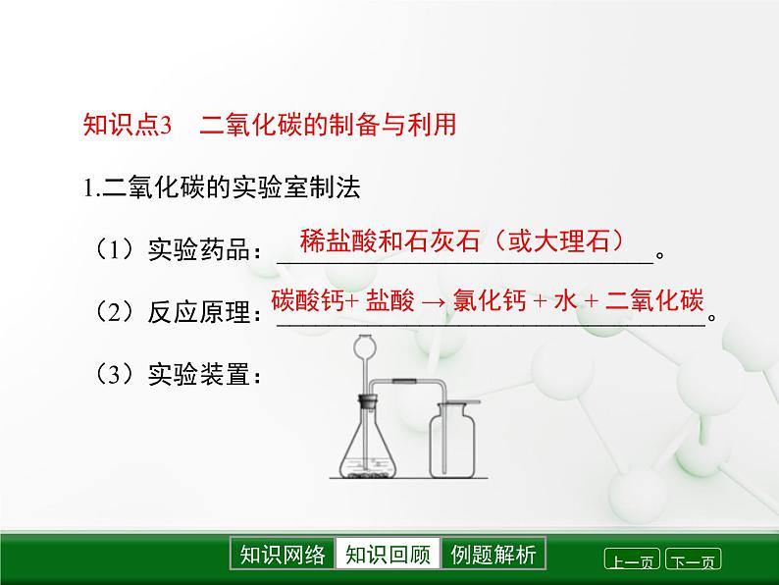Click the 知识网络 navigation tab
tap(282, 555)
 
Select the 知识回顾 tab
tap(388, 555)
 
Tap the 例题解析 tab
tap(493, 555)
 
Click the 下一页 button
tap(693, 561)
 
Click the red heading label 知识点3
tap(128, 126)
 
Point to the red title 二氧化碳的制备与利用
tap(329, 126)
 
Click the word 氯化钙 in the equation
tap(486, 302)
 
